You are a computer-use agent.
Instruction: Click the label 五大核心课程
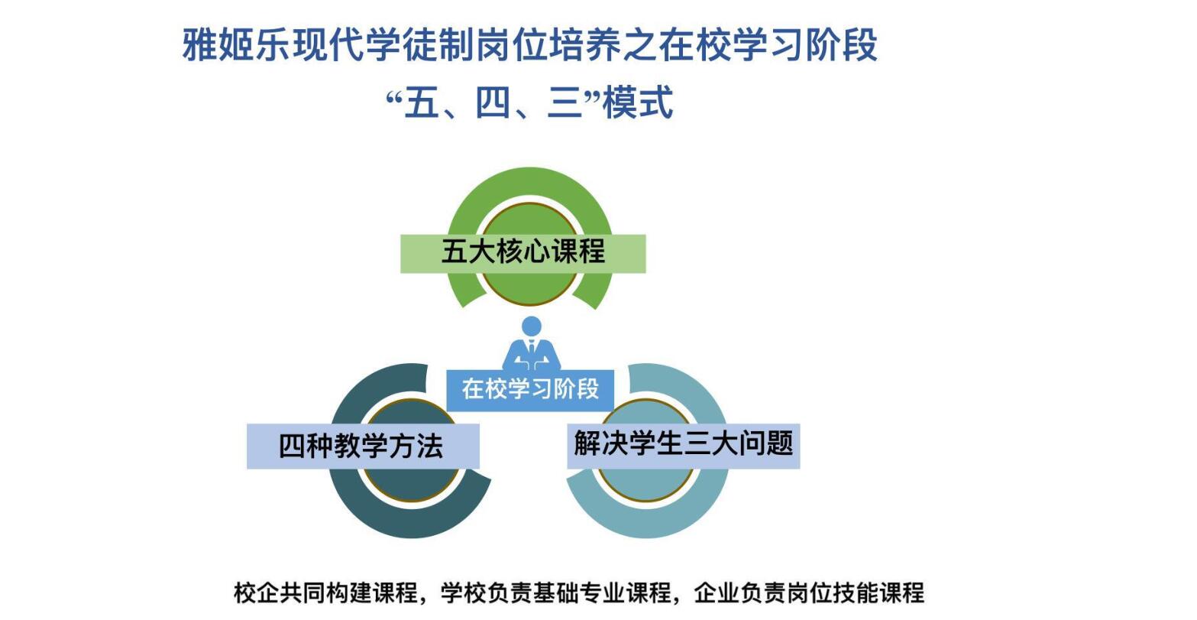(523, 252)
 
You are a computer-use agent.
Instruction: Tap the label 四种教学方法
(361, 446)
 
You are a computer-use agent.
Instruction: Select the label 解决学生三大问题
(684, 443)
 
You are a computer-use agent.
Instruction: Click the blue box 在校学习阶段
(530, 391)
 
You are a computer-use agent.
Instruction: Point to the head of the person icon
(531, 326)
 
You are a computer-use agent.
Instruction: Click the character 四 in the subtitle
(493, 102)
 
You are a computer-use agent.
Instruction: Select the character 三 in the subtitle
(565, 102)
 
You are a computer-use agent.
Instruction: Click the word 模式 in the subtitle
(638, 102)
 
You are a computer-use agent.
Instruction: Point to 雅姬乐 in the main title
(237, 44)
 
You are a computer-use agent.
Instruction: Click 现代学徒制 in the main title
(383, 44)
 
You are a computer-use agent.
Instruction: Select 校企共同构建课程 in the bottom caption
(326, 592)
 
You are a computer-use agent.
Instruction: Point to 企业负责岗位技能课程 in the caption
(809, 592)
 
